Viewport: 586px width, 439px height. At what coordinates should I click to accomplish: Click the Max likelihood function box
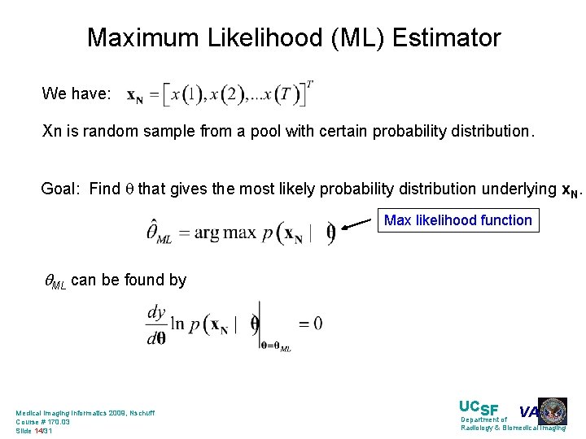[x=457, y=220]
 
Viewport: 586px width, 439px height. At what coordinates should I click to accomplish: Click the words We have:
[x=77, y=94]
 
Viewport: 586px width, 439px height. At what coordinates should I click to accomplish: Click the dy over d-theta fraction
[x=156, y=324]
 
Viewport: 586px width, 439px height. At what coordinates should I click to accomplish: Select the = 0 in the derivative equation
[x=310, y=324]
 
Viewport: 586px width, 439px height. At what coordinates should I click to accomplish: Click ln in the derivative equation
[x=178, y=324]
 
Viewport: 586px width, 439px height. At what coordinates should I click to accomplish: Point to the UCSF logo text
[x=479, y=407]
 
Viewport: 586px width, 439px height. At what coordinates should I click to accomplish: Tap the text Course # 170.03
[x=43, y=422]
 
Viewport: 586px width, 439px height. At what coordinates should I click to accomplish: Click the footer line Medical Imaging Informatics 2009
[x=85, y=413]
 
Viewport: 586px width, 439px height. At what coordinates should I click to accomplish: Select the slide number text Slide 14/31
[x=34, y=431]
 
